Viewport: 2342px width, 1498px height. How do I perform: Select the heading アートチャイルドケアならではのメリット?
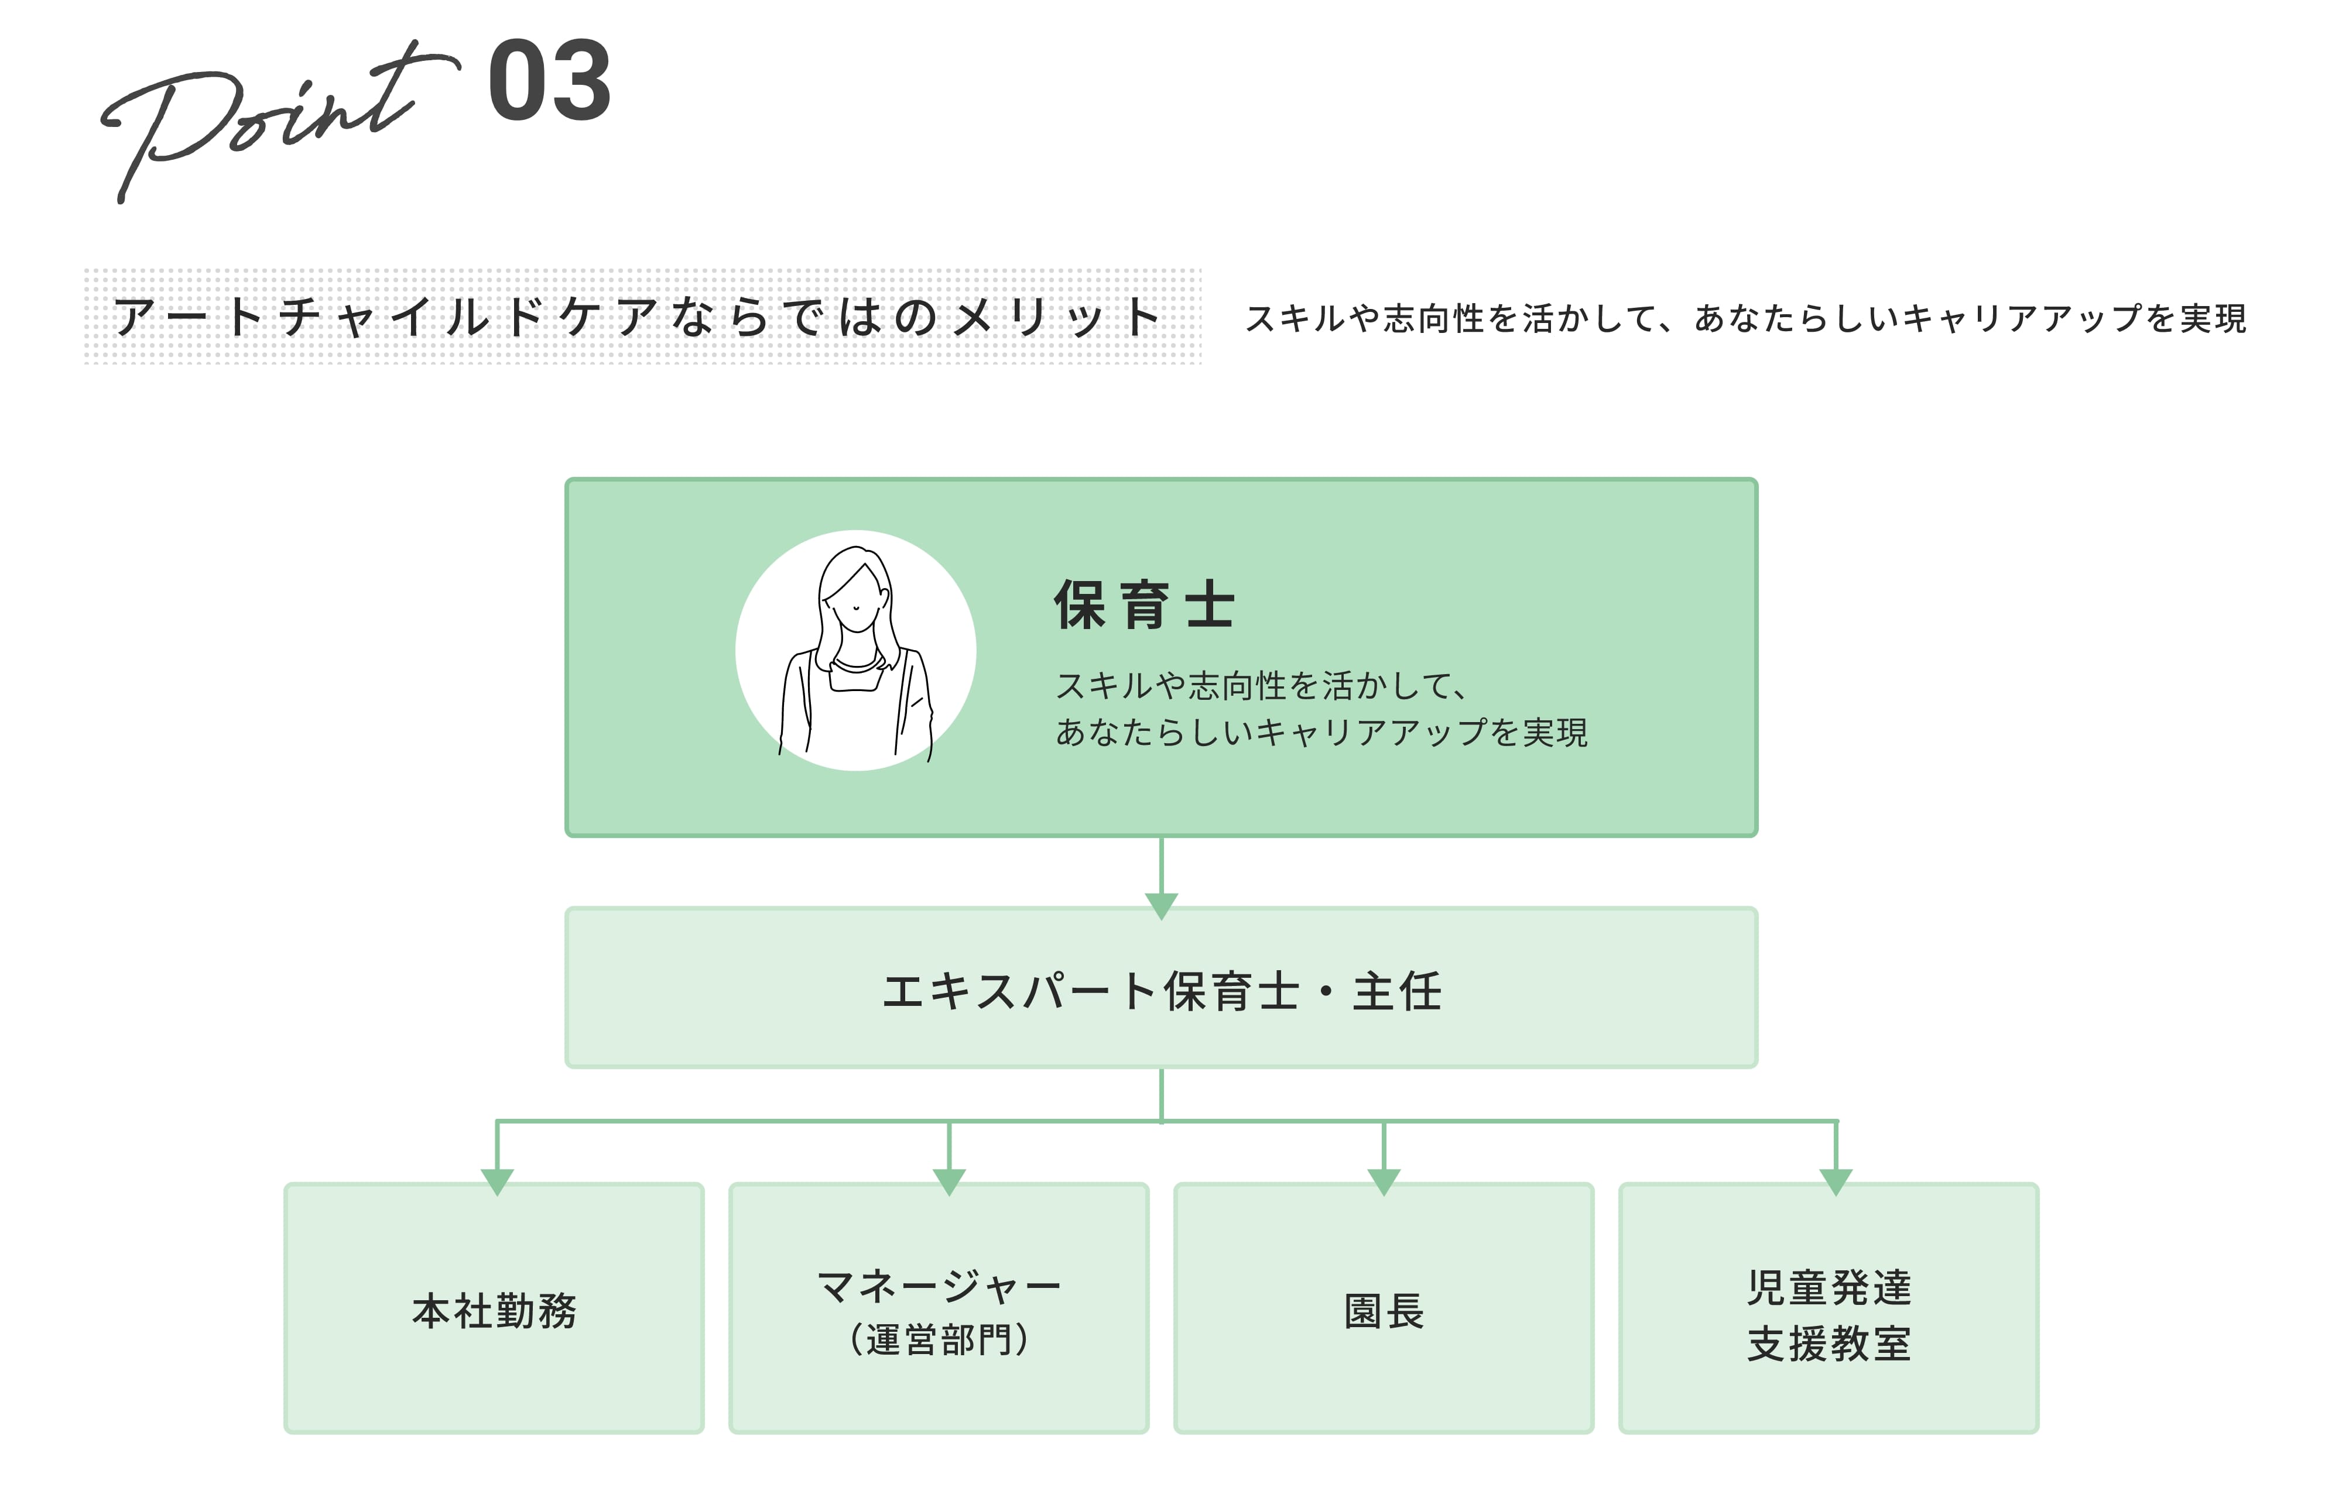637,317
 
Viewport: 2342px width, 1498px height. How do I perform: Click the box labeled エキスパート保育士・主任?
1161,987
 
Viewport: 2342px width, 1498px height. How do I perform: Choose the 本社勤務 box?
494,1308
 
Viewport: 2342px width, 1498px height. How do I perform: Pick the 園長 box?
1384,1308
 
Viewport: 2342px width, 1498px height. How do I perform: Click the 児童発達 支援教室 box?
1829,1308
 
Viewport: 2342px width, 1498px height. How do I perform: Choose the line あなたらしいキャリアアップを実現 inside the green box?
1321,731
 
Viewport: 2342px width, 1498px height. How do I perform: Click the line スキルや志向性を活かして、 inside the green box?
1261,686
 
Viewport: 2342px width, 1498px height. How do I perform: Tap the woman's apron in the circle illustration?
855,720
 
